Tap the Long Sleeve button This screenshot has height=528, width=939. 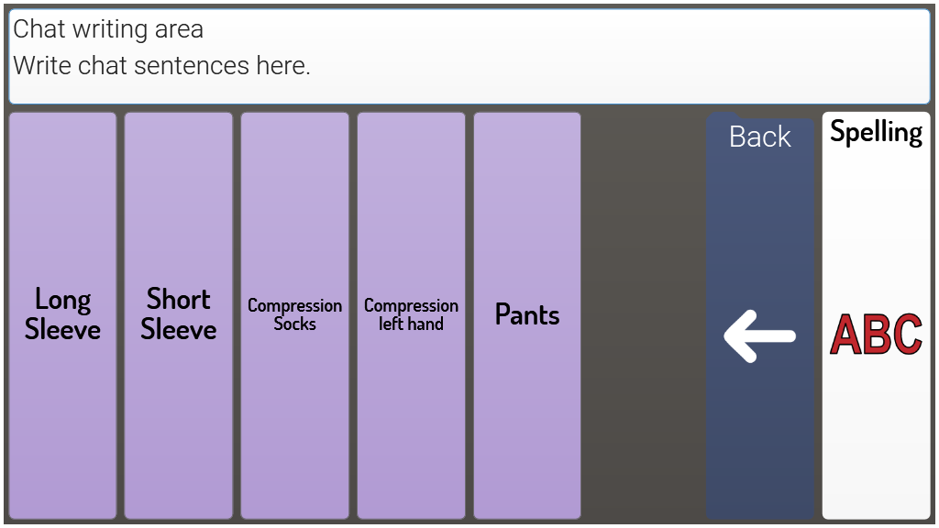click(62, 314)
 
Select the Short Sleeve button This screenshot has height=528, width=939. click(178, 314)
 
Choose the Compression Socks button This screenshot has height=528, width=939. click(294, 314)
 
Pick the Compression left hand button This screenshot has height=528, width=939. click(411, 314)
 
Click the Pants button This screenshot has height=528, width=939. click(527, 314)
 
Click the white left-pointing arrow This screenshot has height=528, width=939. click(759, 335)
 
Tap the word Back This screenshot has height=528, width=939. click(759, 137)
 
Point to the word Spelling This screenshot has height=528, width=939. click(876, 133)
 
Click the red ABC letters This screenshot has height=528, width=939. click(876, 335)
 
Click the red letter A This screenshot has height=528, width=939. click(846, 335)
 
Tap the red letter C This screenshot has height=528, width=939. click(906, 335)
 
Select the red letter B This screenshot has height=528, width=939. click(876, 335)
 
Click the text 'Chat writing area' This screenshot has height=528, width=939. click(108, 29)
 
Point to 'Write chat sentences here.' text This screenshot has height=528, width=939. click(161, 66)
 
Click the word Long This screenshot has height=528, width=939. click(62, 300)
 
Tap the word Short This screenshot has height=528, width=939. click(178, 300)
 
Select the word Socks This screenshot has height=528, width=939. click(294, 324)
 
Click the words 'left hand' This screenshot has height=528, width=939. click(411, 324)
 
